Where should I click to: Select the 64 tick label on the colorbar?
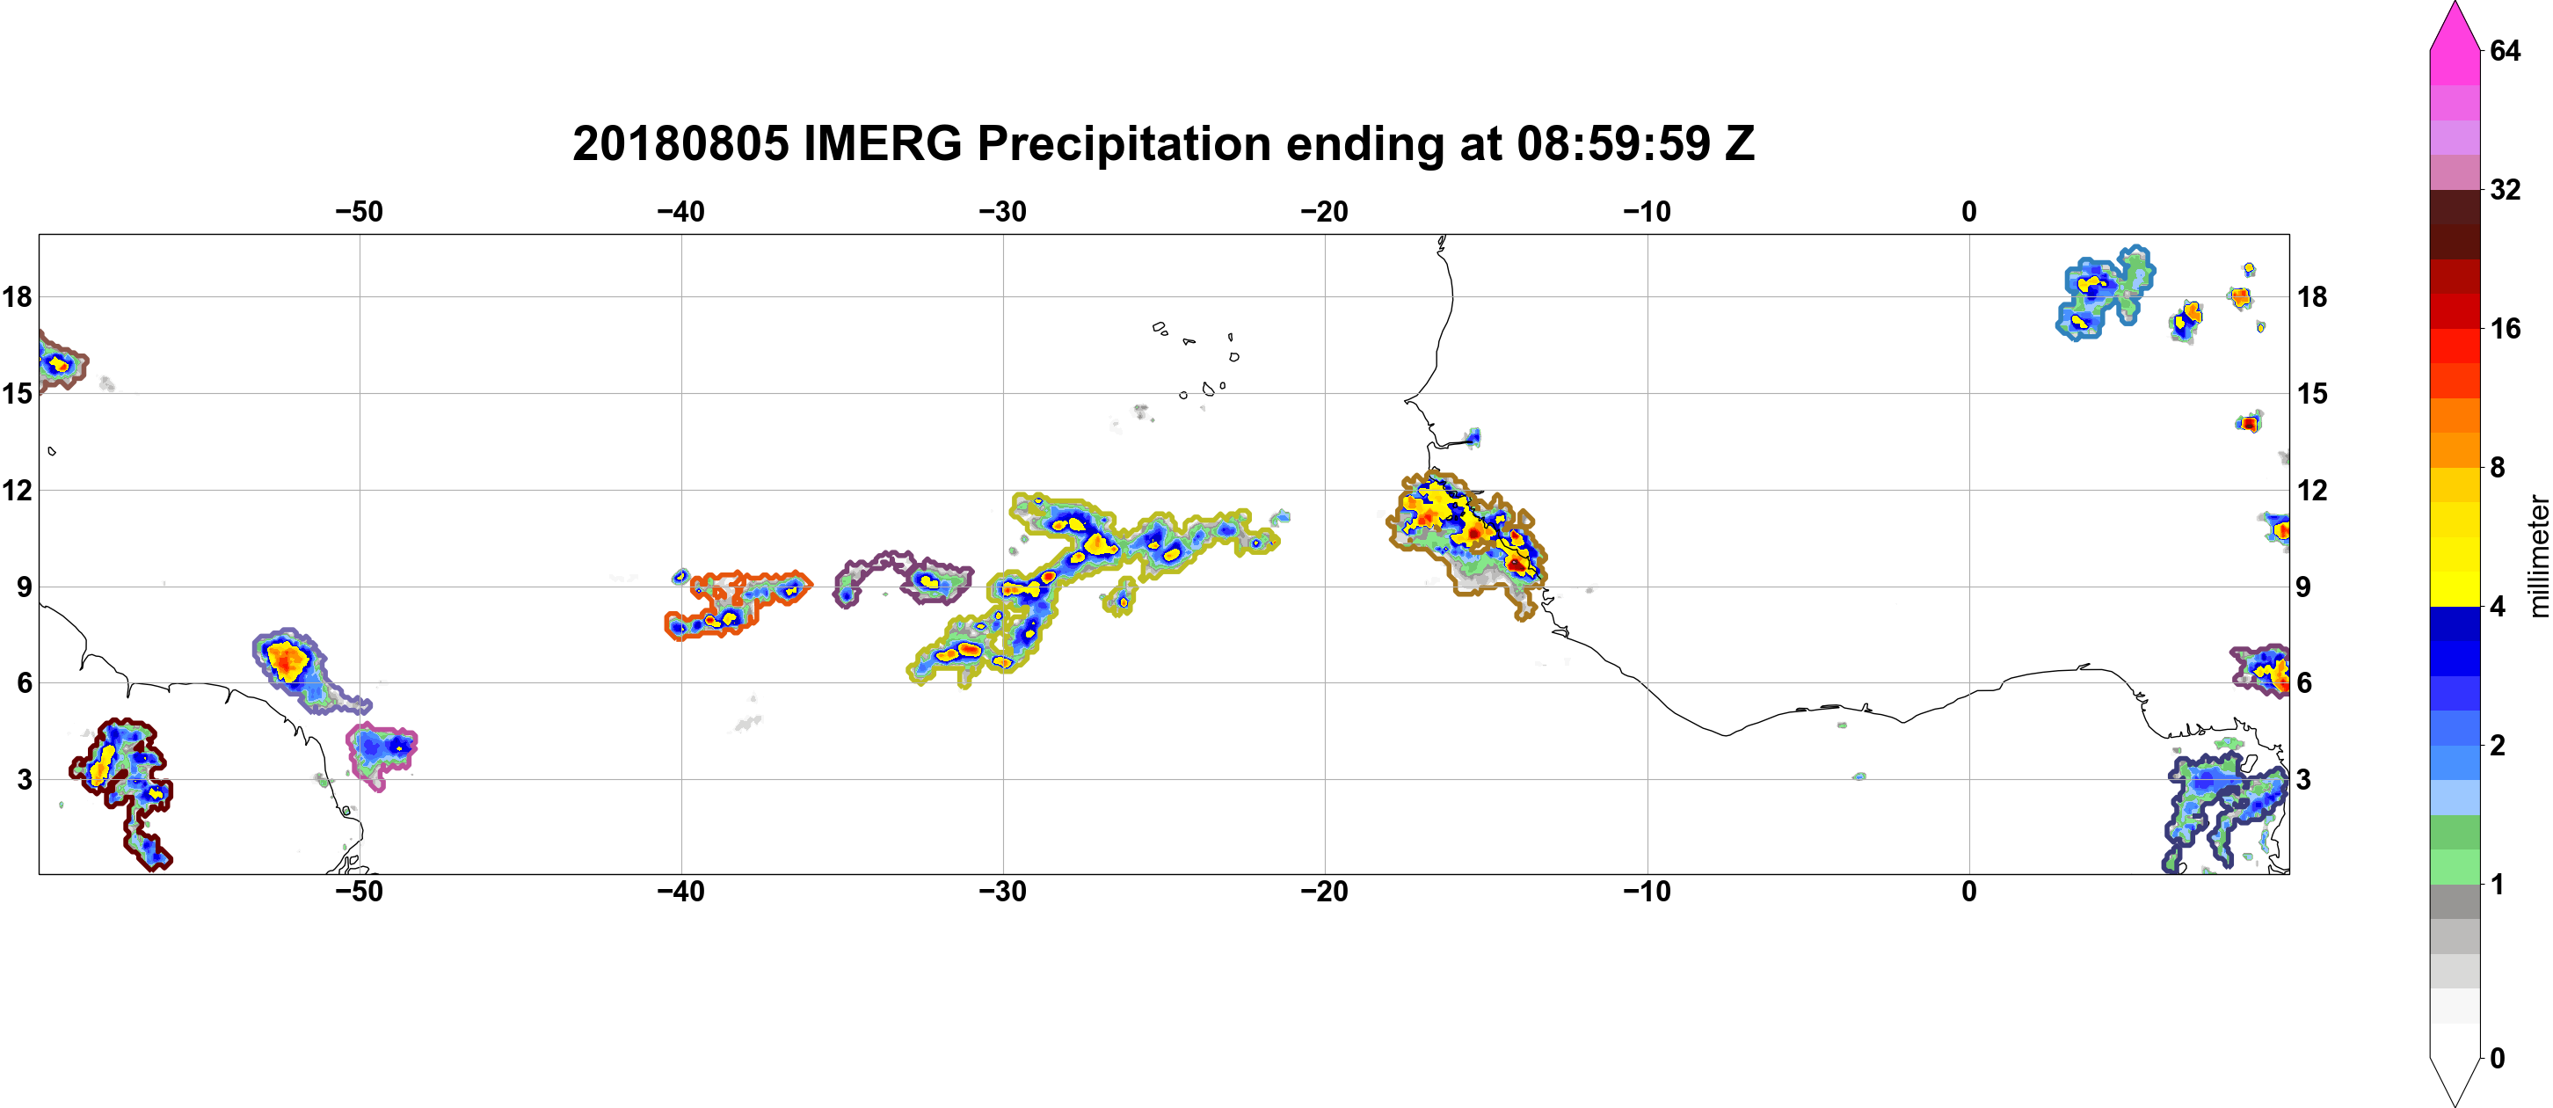(2505, 50)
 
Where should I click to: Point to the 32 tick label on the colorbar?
(2505, 189)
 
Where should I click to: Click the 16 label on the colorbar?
(2505, 328)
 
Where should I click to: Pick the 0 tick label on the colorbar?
(2498, 1058)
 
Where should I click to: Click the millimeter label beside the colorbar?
(2537, 557)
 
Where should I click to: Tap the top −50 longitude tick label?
(359, 211)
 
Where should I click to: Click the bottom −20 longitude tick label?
(1324, 891)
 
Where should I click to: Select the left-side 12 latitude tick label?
(17, 490)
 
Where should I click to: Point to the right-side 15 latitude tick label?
(2312, 393)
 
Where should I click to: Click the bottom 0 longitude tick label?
(1968, 891)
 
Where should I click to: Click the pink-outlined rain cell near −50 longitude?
(382, 755)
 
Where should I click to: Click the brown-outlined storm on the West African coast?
(1466, 540)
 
